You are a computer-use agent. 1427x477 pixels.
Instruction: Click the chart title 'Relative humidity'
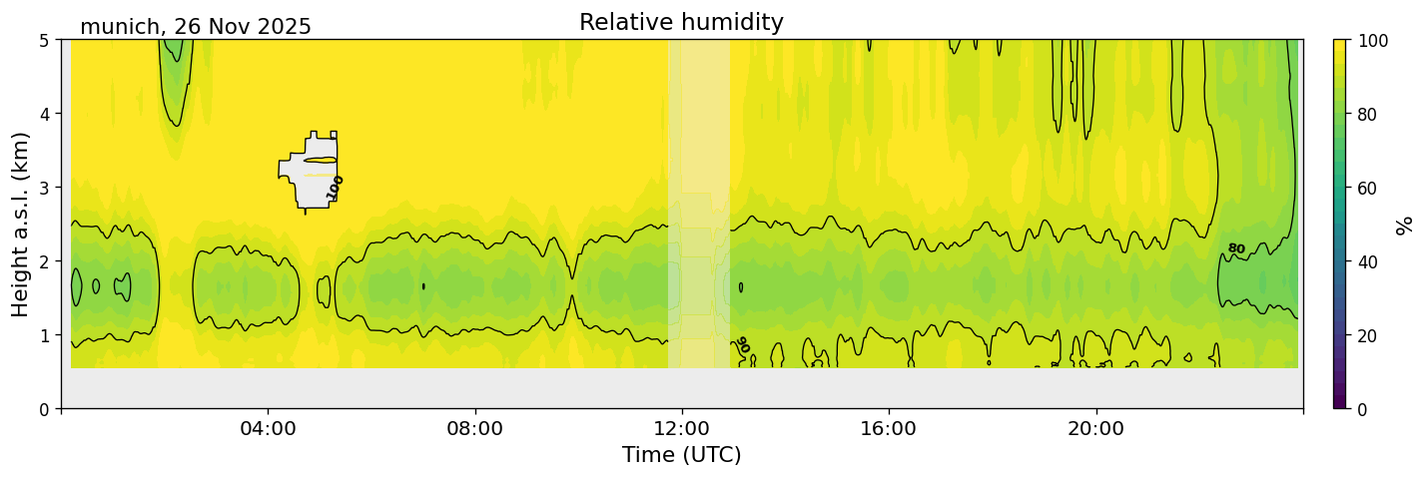click(681, 22)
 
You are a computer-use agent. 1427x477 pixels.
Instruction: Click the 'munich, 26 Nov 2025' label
click(196, 27)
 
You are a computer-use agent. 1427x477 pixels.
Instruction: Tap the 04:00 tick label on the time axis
click(268, 429)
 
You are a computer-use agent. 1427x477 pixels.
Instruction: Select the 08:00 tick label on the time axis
click(474, 429)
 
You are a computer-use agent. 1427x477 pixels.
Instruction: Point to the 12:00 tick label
click(682, 429)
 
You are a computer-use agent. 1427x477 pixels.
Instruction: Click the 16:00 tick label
click(889, 429)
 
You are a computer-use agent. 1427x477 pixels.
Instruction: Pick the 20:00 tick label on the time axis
click(1095, 429)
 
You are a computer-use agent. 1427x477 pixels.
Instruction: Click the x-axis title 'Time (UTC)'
click(681, 455)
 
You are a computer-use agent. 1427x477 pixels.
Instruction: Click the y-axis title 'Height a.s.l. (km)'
click(21, 224)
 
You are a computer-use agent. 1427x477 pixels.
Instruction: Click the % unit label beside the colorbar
click(1406, 224)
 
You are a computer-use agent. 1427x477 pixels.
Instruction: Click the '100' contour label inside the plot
click(336, 187)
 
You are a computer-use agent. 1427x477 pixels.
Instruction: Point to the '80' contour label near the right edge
click(1236, 248)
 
